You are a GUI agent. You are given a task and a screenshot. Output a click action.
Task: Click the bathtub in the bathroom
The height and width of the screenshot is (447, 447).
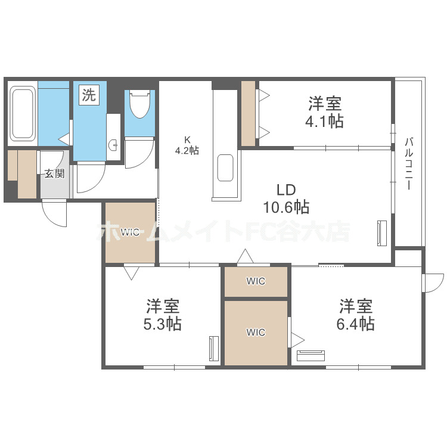(23, 113)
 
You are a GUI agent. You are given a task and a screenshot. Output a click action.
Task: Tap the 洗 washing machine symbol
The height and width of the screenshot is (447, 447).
(88, 95)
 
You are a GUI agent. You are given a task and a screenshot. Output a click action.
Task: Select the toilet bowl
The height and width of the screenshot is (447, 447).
(139, 104)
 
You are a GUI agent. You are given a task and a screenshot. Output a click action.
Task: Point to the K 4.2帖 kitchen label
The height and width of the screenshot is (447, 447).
(187, 145)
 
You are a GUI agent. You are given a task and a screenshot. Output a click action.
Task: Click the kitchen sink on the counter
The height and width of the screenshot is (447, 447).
(226, 167)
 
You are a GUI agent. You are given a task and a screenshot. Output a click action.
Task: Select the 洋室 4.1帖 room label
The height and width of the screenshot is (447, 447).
(325, 113)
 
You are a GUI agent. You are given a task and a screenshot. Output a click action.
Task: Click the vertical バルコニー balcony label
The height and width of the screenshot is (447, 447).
(409, 164)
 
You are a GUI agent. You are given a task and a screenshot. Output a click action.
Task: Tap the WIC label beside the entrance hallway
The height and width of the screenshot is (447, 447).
(130, 232)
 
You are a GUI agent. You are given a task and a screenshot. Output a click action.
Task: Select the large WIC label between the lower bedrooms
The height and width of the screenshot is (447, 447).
(256, 333)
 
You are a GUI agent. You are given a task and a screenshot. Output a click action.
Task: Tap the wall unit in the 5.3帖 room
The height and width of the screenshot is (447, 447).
(213, 349)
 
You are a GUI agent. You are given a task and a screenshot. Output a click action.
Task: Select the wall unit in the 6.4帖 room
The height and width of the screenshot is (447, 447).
(311, 356)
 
